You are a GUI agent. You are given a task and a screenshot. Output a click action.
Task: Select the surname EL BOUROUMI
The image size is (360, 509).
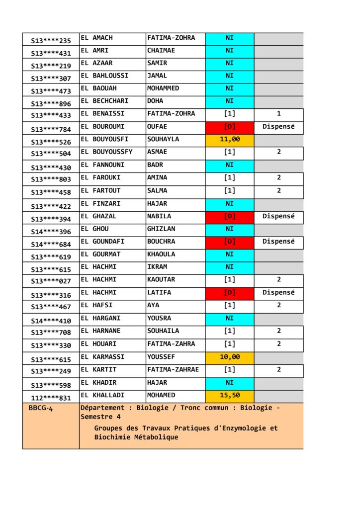coord(102,127)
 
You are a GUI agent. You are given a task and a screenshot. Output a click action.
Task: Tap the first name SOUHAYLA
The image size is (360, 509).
coord(163,139)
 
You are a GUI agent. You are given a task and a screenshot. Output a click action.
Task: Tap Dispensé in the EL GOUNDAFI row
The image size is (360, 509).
coord(278,242)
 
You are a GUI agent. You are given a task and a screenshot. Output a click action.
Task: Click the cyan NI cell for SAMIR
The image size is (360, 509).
coord(230,64)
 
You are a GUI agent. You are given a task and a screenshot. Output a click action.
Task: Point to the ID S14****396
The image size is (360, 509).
coord(51,232)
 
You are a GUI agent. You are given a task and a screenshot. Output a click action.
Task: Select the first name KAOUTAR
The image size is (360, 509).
coord(161,280)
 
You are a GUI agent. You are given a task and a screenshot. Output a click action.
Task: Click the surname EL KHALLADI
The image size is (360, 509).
coord(102,395)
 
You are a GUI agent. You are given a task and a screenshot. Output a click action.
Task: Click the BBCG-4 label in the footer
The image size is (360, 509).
coord(43,409)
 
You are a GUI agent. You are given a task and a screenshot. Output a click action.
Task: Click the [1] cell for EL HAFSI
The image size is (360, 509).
coord(230,306)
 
